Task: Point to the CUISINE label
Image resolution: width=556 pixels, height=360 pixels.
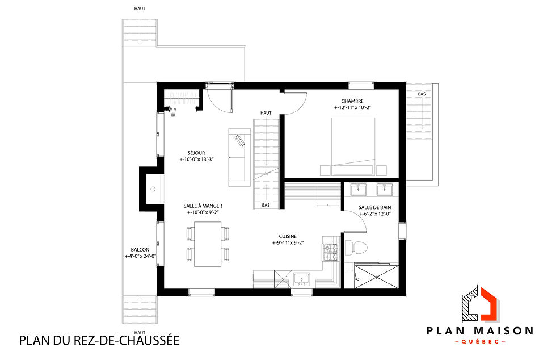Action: pos(288,236)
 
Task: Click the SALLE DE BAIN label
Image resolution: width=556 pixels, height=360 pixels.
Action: pos(374,207)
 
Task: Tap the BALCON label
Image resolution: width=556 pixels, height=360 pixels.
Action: pos(140,249)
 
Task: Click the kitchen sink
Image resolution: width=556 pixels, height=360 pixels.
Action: pos(301,279)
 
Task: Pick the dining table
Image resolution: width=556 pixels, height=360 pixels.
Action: pos(208,244)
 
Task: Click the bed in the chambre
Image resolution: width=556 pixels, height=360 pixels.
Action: pos(353,145)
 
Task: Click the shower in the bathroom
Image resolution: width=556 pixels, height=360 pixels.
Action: pos(374,276)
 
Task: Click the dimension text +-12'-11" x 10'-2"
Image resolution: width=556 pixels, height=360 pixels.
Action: pos(356,107)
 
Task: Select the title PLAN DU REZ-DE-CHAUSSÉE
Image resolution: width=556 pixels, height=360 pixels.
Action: pos(99,341)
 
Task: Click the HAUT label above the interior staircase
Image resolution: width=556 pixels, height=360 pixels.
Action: pos(266,113)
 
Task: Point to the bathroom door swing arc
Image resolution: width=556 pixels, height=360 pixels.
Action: pos(359,223)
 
